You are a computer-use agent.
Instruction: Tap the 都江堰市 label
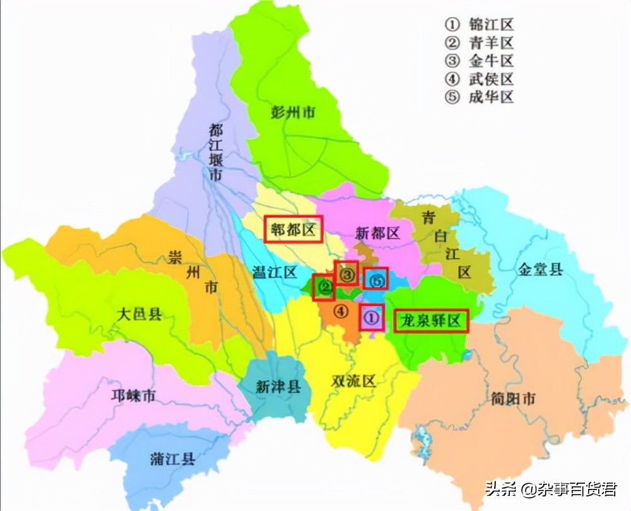[x=216, y=152]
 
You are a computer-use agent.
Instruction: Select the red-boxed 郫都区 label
[x=293, y=228]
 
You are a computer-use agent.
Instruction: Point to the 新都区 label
[x=377, y=233]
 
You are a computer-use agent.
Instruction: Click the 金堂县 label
[x=540, y=270]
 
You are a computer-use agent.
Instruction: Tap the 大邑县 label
[x=139, y=314]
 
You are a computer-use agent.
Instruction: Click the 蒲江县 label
[x=172, y=459]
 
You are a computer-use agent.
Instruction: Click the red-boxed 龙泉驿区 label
[x=432, y=321]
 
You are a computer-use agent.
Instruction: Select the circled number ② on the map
[x=324, y=288]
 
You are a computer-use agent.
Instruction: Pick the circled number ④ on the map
[x=340, y=310]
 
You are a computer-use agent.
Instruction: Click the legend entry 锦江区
[x=480, y=25]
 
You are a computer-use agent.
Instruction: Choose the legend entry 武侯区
[x=480, y=79]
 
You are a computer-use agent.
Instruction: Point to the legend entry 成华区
[x=480, y=97]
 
